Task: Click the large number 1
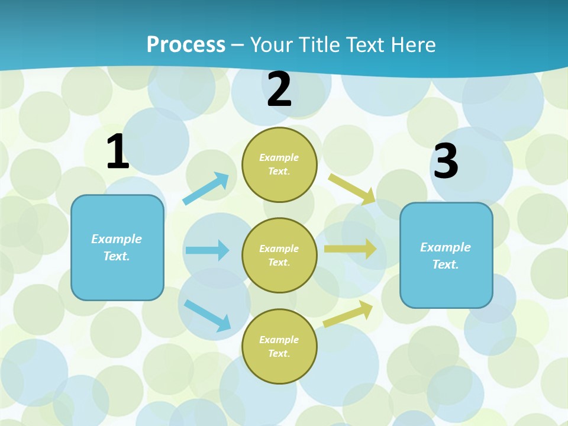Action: tap(117, 151)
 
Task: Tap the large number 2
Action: tap(279, 90)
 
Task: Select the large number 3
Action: tap(446, 161)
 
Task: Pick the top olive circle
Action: tap(279, 164)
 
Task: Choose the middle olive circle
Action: tap(279, 255)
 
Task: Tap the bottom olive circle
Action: tap(279, 346)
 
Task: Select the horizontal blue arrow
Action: tap(207, 250)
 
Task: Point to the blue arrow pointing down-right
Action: tap(207, 315)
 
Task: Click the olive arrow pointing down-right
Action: tap(352, 189)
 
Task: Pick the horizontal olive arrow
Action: tap(350, 249)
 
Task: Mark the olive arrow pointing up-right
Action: tap(348, 314)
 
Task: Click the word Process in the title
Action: tap(186, 44)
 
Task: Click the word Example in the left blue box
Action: tap(117, 239)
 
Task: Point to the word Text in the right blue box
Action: tap(445, 264)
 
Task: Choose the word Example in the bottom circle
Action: tap(279, 340)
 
